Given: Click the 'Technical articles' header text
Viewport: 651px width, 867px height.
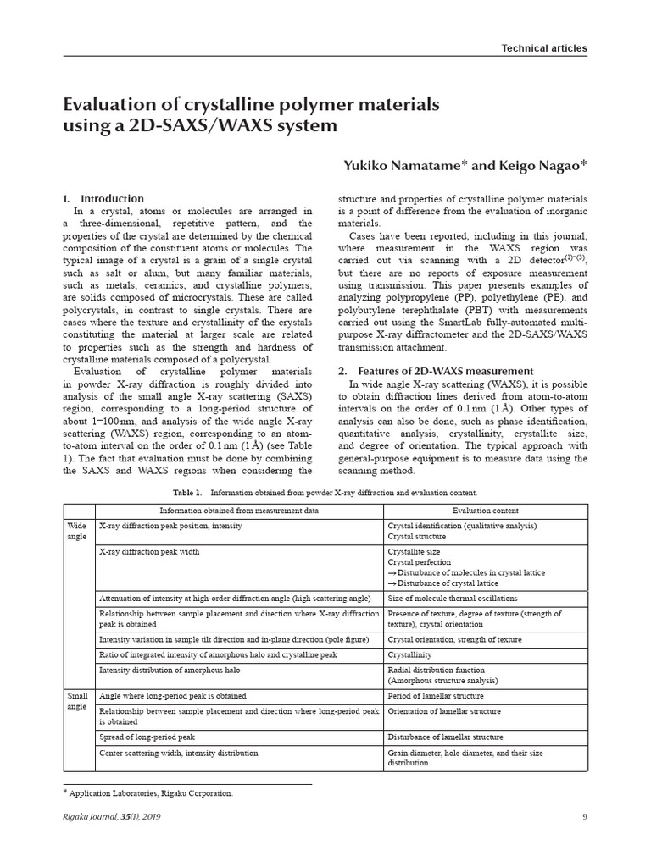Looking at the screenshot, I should [x=543, y=48].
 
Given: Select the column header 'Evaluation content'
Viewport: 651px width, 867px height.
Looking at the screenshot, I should [x=486, y=511].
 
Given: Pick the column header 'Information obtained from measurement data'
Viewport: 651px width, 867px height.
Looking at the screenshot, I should [x=239, y=511].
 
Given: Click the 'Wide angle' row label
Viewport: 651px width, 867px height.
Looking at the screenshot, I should [x=76, y=531].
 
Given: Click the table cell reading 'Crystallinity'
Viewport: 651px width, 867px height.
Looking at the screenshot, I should [x=410, y=655].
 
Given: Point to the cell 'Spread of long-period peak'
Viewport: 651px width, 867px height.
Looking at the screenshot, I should [x=147, y=737].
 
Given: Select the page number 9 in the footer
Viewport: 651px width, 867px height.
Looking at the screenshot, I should [x=584, y=816].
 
